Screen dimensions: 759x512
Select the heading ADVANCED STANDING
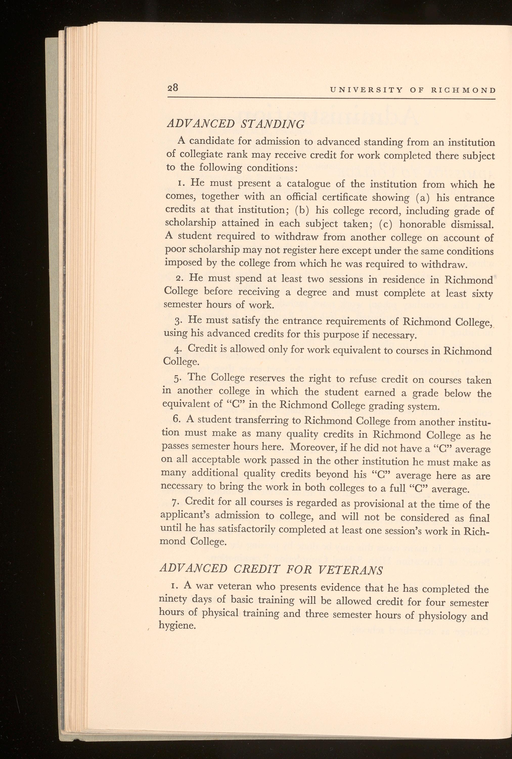(235, 124)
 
